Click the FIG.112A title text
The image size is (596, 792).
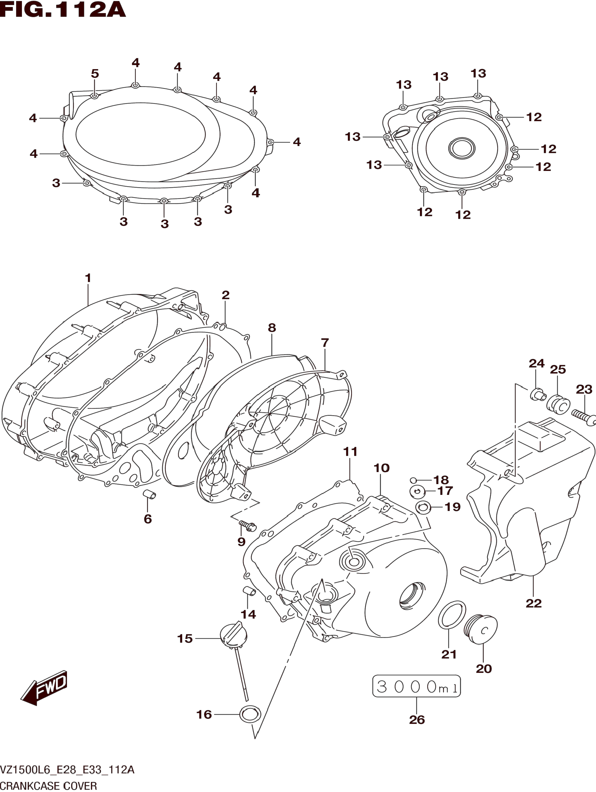[63, 10]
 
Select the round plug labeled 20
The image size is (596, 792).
[481, 629]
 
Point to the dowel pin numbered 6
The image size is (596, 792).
[149, 495]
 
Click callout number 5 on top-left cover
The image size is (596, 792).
[95, 74]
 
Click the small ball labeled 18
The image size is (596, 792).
[413, 480]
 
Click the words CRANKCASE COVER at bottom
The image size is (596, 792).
[49, 786]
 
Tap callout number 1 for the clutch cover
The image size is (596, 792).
[88, 278]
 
